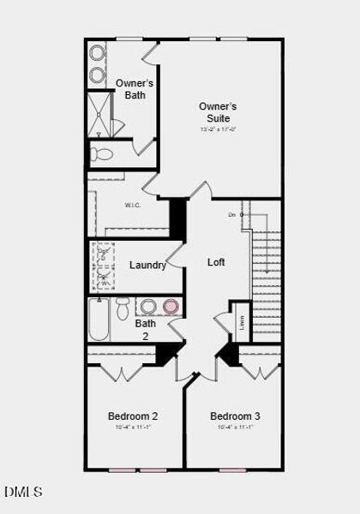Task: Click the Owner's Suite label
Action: [x=218, y=111]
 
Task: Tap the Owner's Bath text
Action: [x=135, y=89]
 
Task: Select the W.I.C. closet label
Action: [x=132, y=205]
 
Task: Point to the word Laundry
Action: [x=147, y=266]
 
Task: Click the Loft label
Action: [x=216, y=262]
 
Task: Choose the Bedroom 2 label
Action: [x=132, y=416]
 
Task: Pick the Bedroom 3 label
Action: [x=235, y=416]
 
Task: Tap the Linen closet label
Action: [x=243, y=322]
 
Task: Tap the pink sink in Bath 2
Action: [x=171, y=306]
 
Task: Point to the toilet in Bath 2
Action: [x=123, y=308]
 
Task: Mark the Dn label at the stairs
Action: [x=231, y=214]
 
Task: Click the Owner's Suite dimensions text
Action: [x=218, y=129]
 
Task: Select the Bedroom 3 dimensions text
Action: [x=235, y=427]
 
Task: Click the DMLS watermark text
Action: [x=23, y=492]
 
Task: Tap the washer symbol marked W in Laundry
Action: [x=105, y=278]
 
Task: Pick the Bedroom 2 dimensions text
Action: [x=132, y=427]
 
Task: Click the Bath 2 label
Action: [x=146, y=330]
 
